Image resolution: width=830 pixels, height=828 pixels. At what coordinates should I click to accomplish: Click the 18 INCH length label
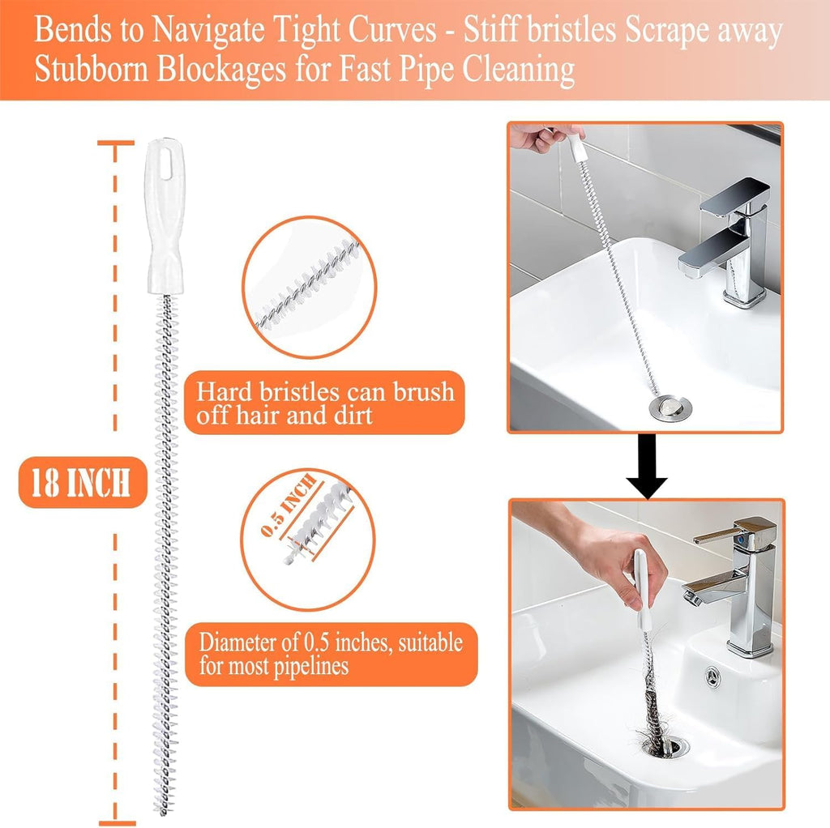(82, 484)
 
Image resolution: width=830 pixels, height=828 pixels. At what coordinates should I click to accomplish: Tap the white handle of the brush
(167, 219)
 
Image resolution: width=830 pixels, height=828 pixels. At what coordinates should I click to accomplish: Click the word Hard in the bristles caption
(229, 392)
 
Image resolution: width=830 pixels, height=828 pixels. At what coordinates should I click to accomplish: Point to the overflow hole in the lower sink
(712, 674)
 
